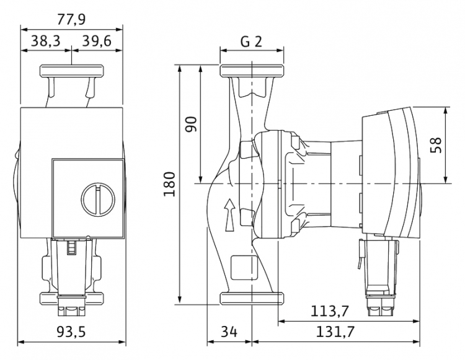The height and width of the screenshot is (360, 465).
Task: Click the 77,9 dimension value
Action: [71, 19]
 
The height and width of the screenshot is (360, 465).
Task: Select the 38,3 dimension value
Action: [46, 41]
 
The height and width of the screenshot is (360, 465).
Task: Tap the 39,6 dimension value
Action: [97, 41]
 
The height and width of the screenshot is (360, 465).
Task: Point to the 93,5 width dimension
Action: [71, 332]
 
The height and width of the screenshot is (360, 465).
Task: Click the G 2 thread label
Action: [252, 42]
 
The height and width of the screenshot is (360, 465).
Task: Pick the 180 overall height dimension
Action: [170, 183]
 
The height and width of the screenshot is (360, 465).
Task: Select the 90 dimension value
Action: [192, 125]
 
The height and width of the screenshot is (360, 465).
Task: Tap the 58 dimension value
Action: [436, 145]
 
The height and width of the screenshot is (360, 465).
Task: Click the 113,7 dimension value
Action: [330, 311]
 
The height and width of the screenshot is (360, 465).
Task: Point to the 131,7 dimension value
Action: [335, 332]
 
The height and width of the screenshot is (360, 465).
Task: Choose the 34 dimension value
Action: [229, 332]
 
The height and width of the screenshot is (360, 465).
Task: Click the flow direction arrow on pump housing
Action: [229, 215]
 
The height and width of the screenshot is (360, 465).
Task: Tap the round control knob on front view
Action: [98, 198]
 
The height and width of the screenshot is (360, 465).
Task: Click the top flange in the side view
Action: [252, 71]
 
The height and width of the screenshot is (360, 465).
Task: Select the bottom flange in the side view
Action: [252, 299]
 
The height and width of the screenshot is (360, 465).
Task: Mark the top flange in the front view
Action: [72, 71]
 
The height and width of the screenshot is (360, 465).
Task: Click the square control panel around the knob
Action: [88, 198]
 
